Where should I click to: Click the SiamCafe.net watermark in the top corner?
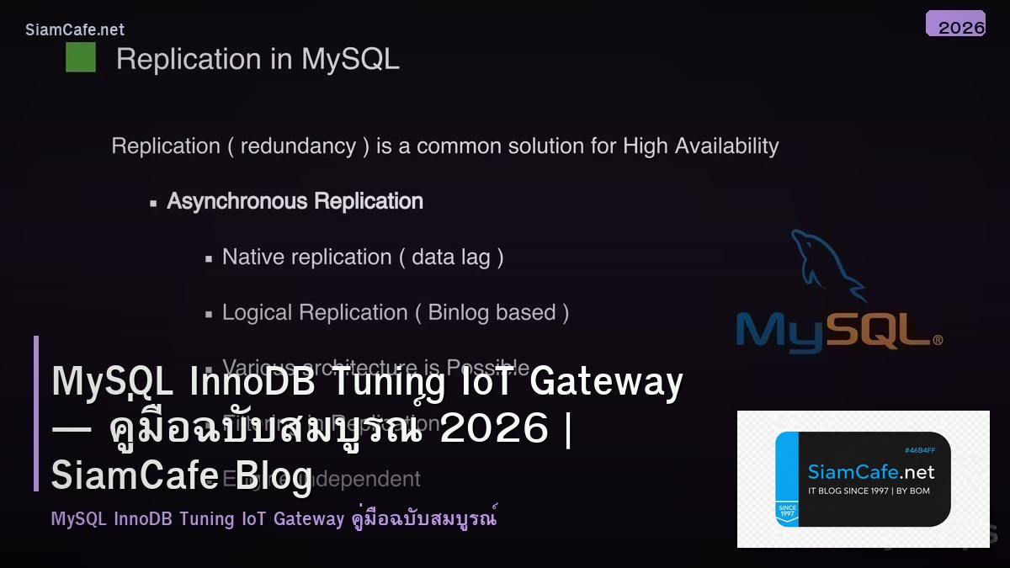pos(75,30)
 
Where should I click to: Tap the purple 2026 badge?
pos(955,24)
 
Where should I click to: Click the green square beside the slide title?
pos(81,58)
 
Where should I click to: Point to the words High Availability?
pos(700,146)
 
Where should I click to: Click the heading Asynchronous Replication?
pos(295,202)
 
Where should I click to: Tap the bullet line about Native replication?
pos(363,257)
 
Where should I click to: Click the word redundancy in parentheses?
pos(298,146)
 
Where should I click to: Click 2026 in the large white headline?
pos(494,429)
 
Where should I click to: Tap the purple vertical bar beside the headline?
pos(36,413)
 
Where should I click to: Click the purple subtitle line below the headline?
pos(274,518)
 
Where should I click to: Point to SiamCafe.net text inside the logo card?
pos(871,472)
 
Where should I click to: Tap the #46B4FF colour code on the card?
pos(919,450)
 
